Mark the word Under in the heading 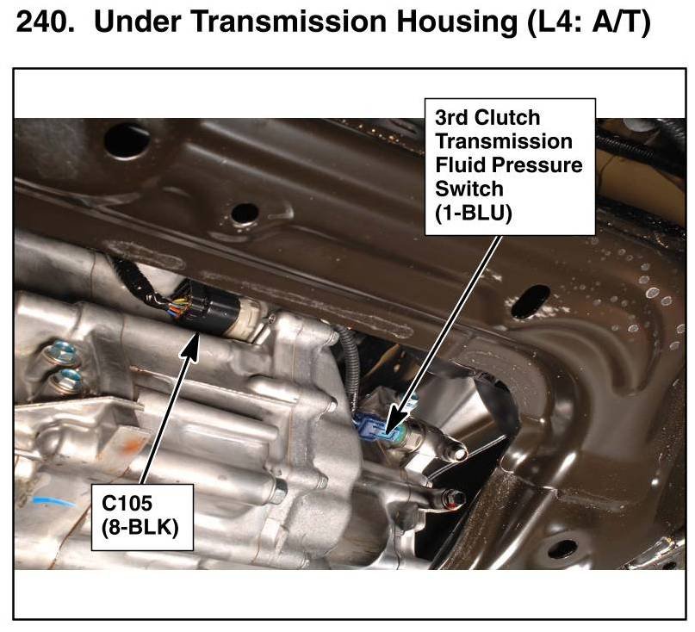[x=126, y=22]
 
